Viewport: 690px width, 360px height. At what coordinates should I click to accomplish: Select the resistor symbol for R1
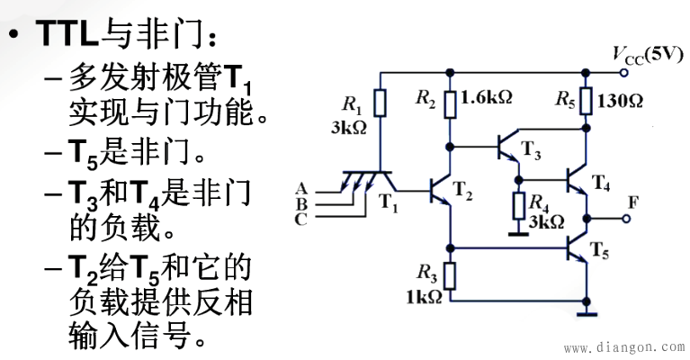click(381, 103)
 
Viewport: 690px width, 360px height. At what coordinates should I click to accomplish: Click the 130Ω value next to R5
click(621, 100)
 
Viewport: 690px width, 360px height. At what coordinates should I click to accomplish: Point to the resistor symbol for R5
click(587, 100)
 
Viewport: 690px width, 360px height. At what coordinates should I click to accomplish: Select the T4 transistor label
click(601, 185)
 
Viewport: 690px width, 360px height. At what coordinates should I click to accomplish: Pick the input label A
click(300, 187)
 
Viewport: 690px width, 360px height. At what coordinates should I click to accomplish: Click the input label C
click(300, 218)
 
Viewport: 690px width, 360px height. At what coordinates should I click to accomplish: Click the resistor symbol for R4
click(518, 206)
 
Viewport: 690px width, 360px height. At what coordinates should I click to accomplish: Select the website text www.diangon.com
click(623, 346)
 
